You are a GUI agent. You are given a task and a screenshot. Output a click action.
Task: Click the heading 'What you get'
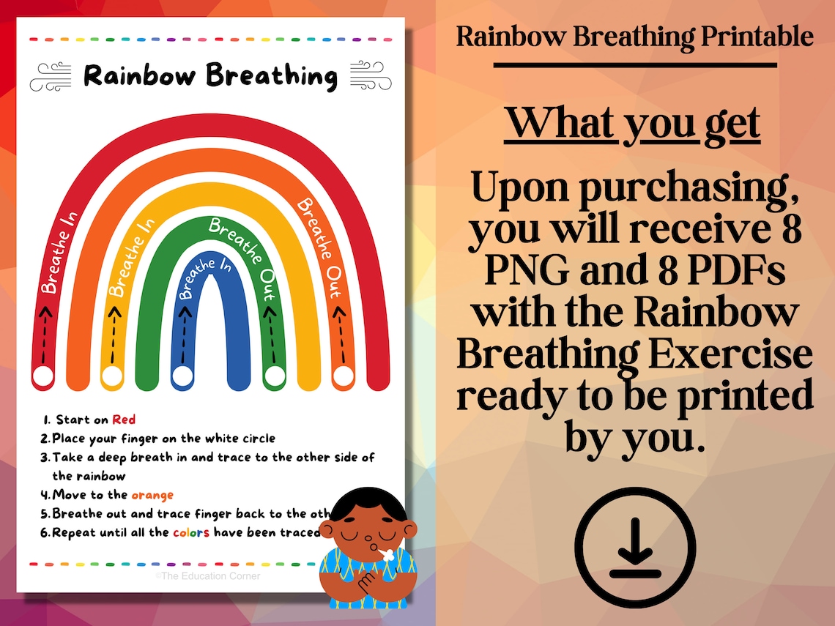(632, 123)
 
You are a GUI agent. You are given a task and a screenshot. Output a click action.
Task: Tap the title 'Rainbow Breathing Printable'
(634, 36)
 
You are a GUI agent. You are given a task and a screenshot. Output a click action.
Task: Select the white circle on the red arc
(44, 376)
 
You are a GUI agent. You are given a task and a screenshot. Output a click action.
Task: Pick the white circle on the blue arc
(182, 375)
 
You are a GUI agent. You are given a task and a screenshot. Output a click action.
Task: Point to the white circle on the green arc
(274, 376)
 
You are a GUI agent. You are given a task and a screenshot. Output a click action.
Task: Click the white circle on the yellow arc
(112, 376)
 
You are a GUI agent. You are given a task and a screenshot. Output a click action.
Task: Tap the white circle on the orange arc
(343, 376)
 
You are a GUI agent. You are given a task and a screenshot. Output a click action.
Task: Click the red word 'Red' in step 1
(124, 420)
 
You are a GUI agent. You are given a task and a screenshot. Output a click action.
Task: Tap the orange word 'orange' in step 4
(152, 495)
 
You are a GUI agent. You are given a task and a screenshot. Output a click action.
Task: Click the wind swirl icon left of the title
(51, 76)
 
